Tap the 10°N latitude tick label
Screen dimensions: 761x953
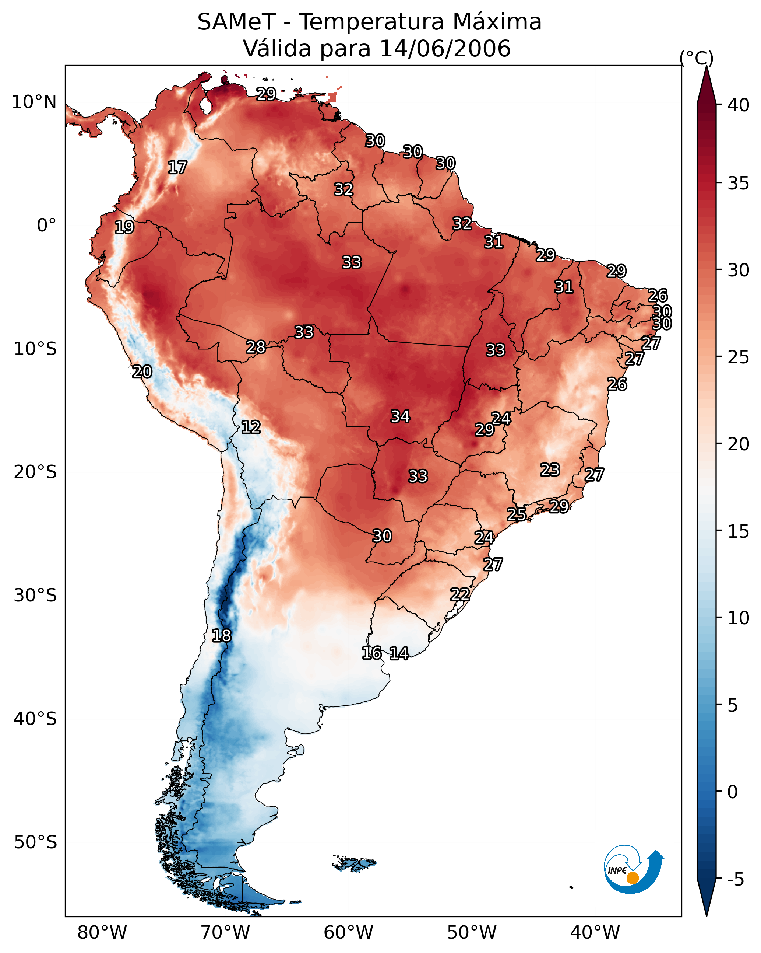[x=34, y=102]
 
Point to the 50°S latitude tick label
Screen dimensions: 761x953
[x=35, y=842]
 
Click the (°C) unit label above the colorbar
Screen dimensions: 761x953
[x=697, y=58]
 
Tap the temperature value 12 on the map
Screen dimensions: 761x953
[x=251, y=427]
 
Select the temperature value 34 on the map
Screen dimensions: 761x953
[x=401, y=416]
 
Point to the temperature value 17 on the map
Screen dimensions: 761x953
[x=177, y=168]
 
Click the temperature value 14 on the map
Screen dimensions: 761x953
[x=399, y=653]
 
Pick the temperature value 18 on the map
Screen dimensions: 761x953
[x=221, y=636]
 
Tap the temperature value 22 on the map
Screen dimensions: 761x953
[x=460, y=594]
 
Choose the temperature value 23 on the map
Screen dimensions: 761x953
[x=550, y=469]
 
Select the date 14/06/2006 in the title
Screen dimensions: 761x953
[x=445, y=48]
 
